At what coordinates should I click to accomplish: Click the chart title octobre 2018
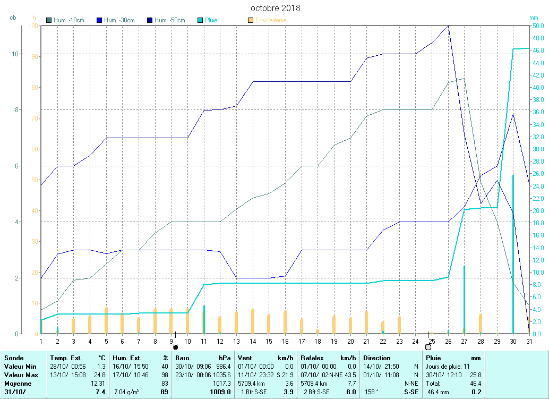tap(275, 8)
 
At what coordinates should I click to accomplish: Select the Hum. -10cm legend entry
tap(68, 20)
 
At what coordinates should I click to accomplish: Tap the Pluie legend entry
tap(211, 20)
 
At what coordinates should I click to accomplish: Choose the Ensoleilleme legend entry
tap(270, 20)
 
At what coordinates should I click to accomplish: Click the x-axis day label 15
tap(269, 341)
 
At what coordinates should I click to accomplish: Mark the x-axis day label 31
tap(529, 341)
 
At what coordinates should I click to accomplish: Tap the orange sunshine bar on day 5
tap(106, 320)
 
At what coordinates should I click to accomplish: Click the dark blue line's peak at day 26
tap(449, 26)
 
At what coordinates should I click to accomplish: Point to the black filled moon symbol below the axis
tap(176, 347)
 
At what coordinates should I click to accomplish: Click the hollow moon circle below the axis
tap(428, 347)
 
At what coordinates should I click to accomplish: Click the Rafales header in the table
tap(312, 358)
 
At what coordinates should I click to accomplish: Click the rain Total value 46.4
tap(475, 383)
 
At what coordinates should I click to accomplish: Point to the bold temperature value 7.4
tap(100, 392)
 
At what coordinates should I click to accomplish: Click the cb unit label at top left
tap(13, 18)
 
